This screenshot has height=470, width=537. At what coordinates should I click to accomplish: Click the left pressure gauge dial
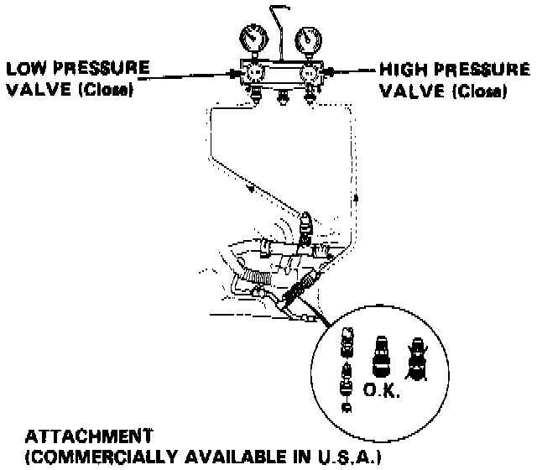pos(251,40)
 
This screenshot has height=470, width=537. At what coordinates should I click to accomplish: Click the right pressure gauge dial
pos(308,40)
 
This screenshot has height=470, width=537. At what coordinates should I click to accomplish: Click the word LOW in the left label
pos(29,67)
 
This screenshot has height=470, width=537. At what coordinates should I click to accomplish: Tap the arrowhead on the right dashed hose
pos(355,198)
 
